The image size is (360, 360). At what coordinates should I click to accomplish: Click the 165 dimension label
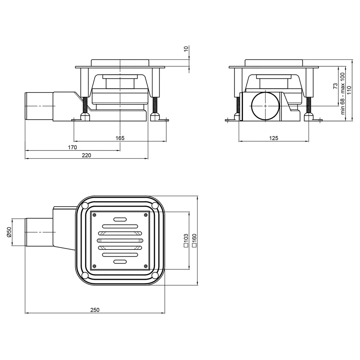tap(120, 138)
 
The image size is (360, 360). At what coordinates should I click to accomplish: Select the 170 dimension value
tap(72, 147)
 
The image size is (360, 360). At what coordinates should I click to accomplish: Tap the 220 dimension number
tap(86, 156)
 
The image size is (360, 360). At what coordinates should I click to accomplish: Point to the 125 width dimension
tap(274, 138)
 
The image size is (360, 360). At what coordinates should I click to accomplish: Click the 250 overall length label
tap(95, 310)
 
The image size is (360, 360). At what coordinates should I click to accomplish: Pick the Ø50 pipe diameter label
tap(9, 232)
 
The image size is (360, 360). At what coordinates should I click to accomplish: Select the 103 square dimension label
tap(186, 240)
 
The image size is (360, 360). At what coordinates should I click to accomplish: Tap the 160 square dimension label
tap(194, 240)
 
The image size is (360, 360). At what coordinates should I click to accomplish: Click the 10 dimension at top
tap(186, 49)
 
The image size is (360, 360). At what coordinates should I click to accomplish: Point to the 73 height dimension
tap(336, 86)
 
